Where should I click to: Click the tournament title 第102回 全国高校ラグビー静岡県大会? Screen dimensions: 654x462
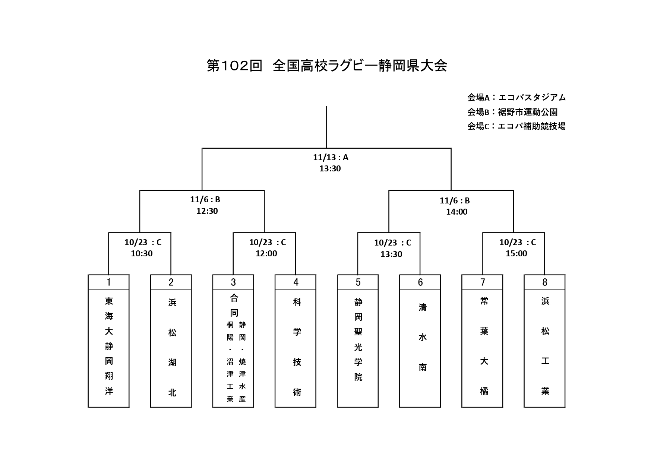pyautogui.click(x=327, y=66)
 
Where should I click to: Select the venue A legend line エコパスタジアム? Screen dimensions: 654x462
pyautogui.click(x=516, y=98)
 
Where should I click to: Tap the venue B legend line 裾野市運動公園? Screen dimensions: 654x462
pyautogui.click(x=512, y=112)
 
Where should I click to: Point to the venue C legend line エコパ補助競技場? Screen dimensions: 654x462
pyautogui.click(x=516, y=126)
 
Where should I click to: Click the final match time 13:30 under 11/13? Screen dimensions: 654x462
pyautogui.click(x=330, y=169)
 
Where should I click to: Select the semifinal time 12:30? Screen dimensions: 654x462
pyautogui.click(x=207, y=211)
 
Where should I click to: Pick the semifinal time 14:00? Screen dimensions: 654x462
pyautogui.click(x=457, y=212)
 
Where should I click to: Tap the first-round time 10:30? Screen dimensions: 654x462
pyautogui.click(x=142, y=254)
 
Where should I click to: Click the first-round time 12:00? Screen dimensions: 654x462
pyautogui.click(x=266, y=254)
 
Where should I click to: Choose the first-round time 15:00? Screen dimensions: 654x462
pyautogui.click(x=516, y=254)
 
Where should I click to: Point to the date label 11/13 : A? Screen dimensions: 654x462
pyautogui.click(x=331, y=158)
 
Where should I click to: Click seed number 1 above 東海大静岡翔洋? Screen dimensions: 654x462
pyautogui.click(x=108, y=282)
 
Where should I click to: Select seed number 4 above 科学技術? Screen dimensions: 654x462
pyautogui.click(x=296, y=282)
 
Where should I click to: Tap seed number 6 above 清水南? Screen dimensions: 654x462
pyautogui.click(x=420, y=282)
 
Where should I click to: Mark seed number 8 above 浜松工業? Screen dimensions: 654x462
pyautogui.click(x=545, y=282)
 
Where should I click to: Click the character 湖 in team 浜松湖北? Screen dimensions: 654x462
pyautogui.click(x=172, y=362)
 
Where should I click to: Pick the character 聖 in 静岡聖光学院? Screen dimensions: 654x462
pyautogui.click(x=358, y=332)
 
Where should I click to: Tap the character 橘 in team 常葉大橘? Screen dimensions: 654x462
pyautogui.click(x=484, y=391)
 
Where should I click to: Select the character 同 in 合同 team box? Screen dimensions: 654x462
pyautogui.click(x=234, y=313)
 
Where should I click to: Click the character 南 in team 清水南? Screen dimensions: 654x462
pyautogui.click(x=423, y=367)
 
